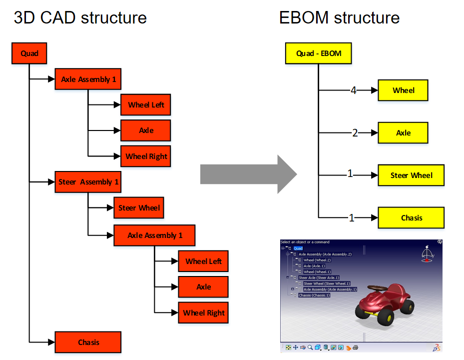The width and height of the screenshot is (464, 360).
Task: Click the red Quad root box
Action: click(29, 53)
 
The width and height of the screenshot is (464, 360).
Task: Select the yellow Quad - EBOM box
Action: click(318, 53)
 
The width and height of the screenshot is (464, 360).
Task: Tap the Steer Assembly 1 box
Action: click(88, 182)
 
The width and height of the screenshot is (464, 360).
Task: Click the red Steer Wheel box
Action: click(139, 207)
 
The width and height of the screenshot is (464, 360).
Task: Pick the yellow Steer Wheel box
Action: click(411, 175)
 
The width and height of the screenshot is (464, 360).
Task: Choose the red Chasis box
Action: click(88, 342)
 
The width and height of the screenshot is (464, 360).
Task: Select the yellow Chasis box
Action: click(411, 218)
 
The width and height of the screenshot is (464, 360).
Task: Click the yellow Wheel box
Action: click(403, 90)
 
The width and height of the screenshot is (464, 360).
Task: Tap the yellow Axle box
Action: click(403, 133)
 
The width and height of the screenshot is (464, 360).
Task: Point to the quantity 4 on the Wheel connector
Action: click(353, 90)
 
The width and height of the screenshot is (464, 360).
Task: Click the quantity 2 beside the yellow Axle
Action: click(355, 133)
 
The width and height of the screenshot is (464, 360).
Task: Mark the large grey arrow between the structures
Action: click(248, 174)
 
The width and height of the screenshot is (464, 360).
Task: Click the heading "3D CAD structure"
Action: click(80, 18)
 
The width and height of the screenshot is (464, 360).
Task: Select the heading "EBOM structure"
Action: click(339, 18)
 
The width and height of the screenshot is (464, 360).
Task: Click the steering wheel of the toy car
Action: click(375, 289)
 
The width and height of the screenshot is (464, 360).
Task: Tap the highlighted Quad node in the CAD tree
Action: click(298, 248)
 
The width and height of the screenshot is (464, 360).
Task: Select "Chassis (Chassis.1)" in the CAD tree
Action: click(315, 295)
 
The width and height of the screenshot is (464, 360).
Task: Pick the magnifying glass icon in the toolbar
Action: click(310, 347)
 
